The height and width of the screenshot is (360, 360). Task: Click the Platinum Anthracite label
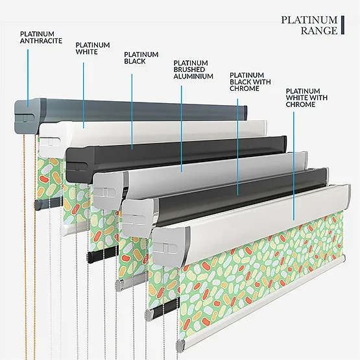pos(41,38)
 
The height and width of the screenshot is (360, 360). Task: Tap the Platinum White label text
pos(93,48)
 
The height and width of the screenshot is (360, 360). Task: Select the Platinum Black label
pos(141,58)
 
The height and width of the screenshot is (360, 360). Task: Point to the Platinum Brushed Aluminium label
pos(193,69)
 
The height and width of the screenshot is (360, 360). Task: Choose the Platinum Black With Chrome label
pos(250,82)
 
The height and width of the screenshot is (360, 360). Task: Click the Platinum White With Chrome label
pos(307,97)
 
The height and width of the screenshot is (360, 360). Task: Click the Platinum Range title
pos(309,25)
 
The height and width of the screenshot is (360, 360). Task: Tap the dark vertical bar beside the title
pos(342,25)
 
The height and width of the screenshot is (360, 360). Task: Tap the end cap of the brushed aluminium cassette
pos(110,189)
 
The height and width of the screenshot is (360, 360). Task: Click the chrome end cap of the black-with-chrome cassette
pos(138,217)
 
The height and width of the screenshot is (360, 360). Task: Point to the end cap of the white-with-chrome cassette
pos(170,246)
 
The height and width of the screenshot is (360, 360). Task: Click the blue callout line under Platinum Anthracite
pos(28,78)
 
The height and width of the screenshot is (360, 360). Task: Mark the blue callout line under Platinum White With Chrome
pos(294,166)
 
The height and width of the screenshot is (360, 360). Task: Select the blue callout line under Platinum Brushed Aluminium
pos(182,129)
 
